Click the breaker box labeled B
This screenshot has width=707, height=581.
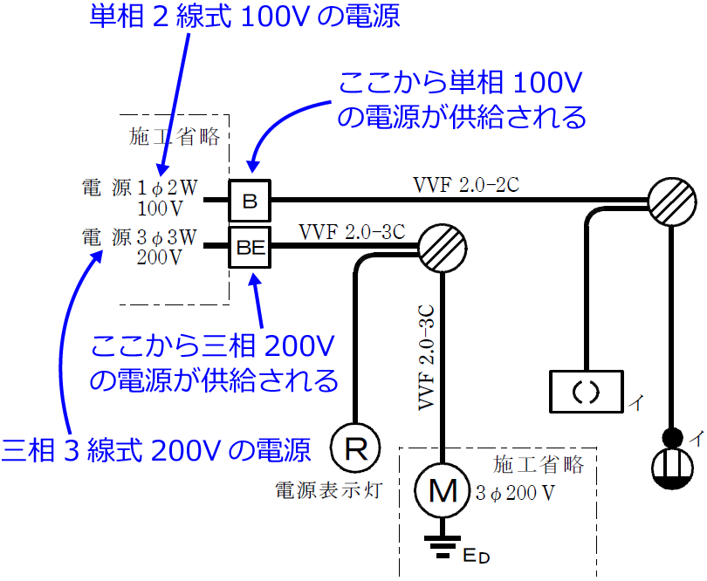coord(251,201)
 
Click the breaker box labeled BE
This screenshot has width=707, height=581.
coord(251,246)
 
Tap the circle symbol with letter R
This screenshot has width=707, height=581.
coord(356,449)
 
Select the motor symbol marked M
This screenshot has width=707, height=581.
coord(443,491)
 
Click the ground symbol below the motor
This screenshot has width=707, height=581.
coord(443,544)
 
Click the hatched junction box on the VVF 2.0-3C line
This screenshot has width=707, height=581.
coord(443,244)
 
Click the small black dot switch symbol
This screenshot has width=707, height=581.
coord(672,436)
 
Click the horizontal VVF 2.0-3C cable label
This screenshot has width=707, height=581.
coord(352,232)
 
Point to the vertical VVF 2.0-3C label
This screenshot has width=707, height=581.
coord(427,359)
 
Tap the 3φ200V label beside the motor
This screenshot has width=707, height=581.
coord(515,493)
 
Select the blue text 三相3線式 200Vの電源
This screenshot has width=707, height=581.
coord(156,450)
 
